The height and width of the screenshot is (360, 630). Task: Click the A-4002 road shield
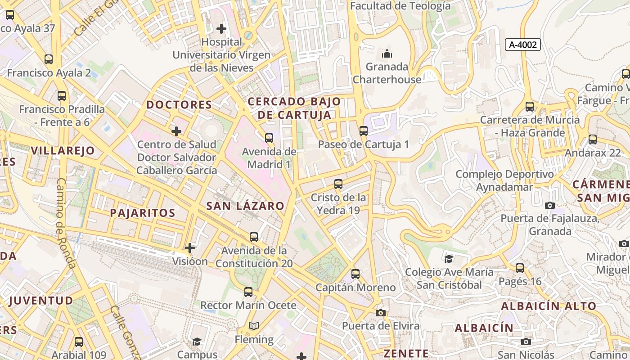coord(522,45)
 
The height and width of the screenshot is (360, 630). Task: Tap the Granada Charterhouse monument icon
coord(387,54)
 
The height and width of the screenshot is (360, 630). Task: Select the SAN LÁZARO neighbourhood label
coord(245,206)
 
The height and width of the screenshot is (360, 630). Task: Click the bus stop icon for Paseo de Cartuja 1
coord(363,131)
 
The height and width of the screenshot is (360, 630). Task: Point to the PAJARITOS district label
coord(143,213)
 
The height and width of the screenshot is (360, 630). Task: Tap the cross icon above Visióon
coord(190,247)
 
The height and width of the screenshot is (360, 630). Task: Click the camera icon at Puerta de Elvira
coord(381,313)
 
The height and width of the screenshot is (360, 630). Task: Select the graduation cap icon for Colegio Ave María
coord(449,258)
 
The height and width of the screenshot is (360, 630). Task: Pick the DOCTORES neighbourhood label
coord(179,105)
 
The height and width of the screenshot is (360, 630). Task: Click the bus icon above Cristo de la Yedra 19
coord(338,184)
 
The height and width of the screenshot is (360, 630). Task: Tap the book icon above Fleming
coord(254,326)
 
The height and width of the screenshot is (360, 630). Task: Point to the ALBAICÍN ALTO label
coord(549,306)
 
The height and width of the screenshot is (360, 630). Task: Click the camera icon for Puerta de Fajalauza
coord(549,205)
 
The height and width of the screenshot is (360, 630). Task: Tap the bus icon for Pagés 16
coord(520,268)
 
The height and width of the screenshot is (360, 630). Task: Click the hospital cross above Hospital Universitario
coord(221,29)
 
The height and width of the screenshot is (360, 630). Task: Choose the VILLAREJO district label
coord(63,151)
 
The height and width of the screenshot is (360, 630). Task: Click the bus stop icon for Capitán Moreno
coord(355,274)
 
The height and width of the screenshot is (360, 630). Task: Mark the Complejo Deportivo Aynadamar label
coord(504,180)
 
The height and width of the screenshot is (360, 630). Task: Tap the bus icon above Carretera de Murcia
coord(530,107)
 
